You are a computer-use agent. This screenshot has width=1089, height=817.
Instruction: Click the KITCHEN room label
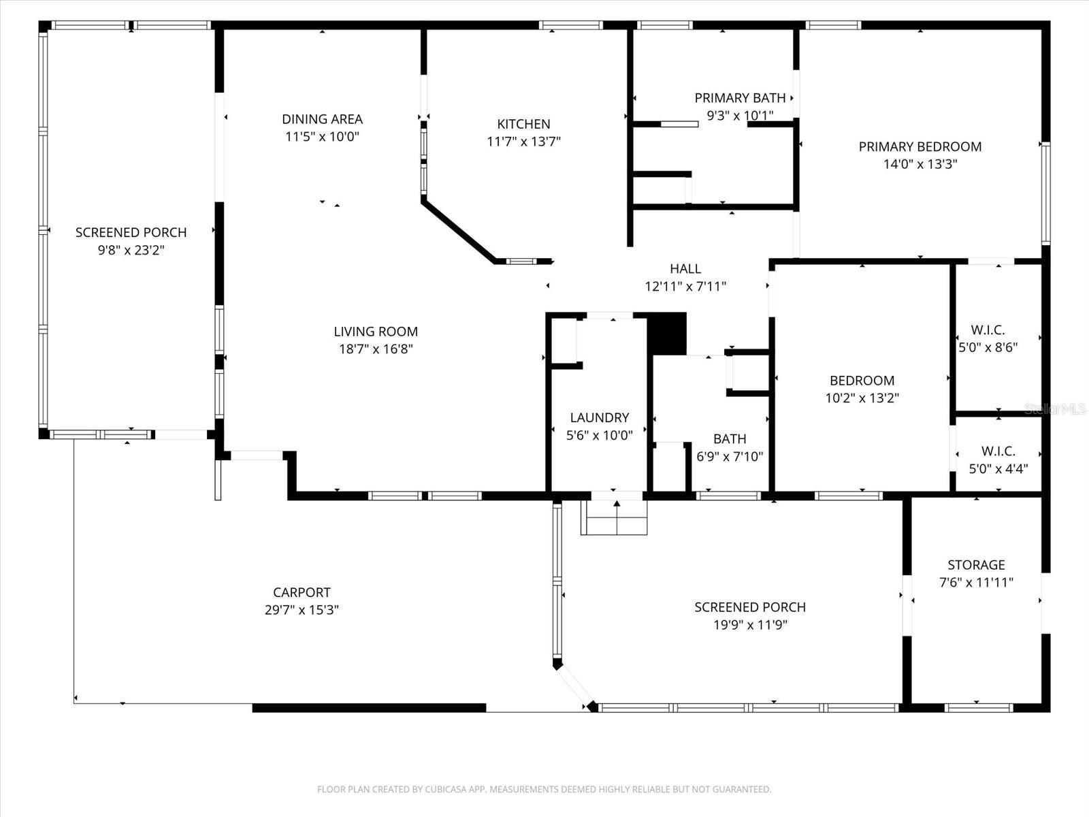(x=523, y=124)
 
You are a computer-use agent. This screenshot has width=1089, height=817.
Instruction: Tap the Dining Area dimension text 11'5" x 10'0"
(x=322, y=136)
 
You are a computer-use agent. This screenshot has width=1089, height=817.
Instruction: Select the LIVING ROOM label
(x=376, y=332)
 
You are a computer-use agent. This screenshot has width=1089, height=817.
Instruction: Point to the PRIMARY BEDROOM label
(x=920, y=146)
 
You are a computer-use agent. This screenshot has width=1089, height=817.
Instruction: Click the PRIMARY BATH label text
(x=740, y=98)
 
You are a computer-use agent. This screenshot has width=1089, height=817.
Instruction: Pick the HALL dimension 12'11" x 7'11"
(x=685, y=287)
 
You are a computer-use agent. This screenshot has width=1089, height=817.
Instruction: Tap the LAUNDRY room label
(x=599, y=417)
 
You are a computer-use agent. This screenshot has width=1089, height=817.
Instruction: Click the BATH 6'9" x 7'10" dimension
(x=730, y=457)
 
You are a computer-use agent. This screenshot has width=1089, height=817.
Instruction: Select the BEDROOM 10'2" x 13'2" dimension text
(x=862, y=398)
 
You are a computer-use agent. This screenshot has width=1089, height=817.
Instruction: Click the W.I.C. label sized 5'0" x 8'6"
(x=988, y=330)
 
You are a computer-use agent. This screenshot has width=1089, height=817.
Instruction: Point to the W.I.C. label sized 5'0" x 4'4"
(x=998, y=451)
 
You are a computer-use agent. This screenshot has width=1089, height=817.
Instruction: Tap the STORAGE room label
(x=976, y=564)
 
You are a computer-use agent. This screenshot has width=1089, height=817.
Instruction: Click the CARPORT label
(x=302, y=592)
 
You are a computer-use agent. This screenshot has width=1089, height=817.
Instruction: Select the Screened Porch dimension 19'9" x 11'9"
(x=750, y=625)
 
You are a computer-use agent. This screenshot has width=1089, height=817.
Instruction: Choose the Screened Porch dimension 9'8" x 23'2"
(x=131, y=250)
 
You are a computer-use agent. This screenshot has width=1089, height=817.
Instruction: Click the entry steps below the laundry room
(x=614, y=518)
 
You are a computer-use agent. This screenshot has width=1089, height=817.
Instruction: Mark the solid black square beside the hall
(x=667, y=333)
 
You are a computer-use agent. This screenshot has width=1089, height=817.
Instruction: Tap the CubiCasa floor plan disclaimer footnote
(x=544, y=790)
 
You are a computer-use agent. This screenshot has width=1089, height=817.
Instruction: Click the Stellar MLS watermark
(x=1055, y=408)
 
